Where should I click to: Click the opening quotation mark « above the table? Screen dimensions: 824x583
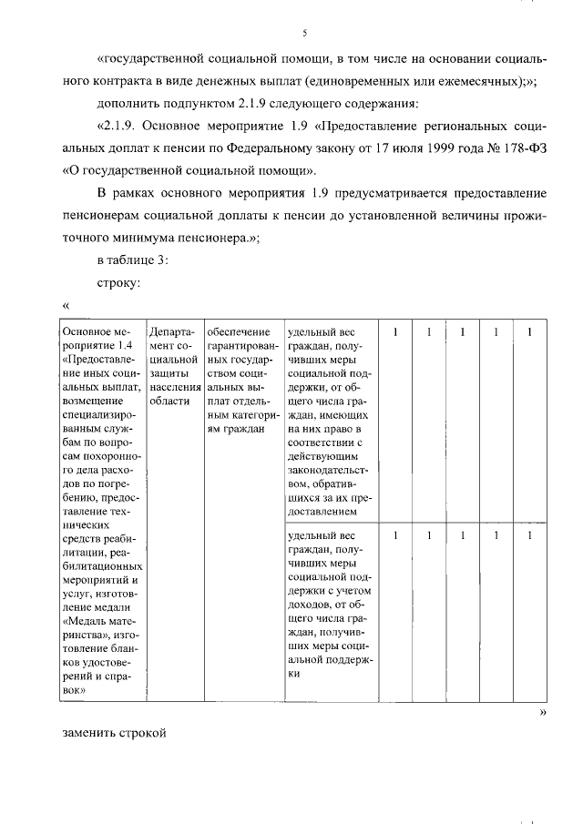[x=66, y=305]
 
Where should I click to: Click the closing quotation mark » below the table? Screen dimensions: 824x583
[x=542, y=712]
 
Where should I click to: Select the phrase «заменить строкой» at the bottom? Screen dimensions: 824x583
[x=115, y=734]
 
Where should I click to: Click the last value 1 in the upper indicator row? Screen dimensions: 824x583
[x=529, y=332]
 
